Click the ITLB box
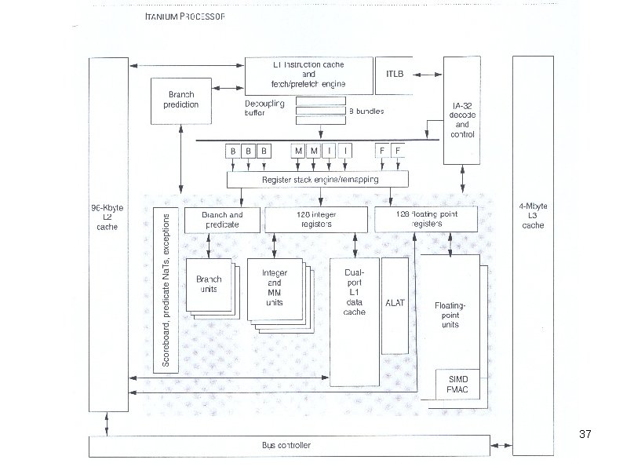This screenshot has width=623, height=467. tap(395, 73)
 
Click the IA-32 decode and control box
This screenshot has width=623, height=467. tap(462, 119)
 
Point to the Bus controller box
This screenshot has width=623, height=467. tap(286, 446)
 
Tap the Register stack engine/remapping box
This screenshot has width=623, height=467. tap(319, 180)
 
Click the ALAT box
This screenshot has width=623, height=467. tap(395, 303)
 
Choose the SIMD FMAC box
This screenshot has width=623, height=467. tap(457, 384)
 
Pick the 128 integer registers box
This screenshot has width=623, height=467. tap(315, 219)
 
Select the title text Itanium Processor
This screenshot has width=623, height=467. tap(185, 17)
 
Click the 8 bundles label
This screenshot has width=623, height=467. tap(366, 111)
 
